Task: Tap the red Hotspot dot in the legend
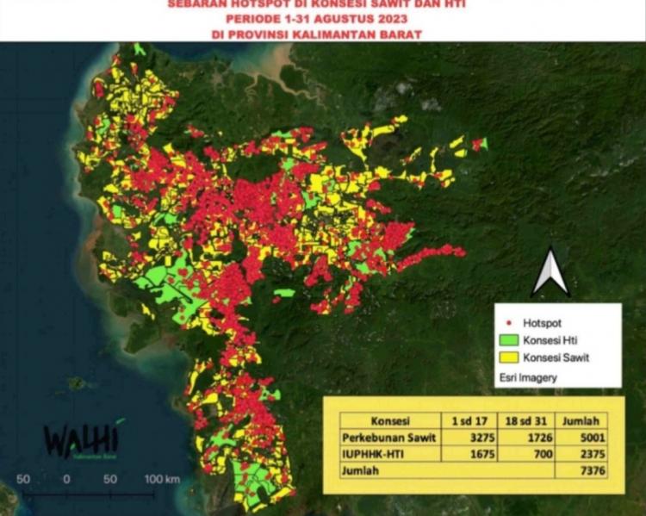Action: pyautogui.click(x=509, y=321)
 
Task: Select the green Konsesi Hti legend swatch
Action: pyautogui.click(x=510, y=339)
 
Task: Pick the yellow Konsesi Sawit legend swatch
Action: pyautogui.click(x=510, y=357)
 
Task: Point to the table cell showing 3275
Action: pyautogui.click(x=467, y=437)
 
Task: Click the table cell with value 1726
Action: pyautogui.click(x=526, y=437)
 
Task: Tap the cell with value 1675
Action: pyautogui.click(x=467, y=453)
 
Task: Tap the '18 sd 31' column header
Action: pyautogui.click(x=526, y=420)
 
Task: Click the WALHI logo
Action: pyautogui.click(x=81, y=440)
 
